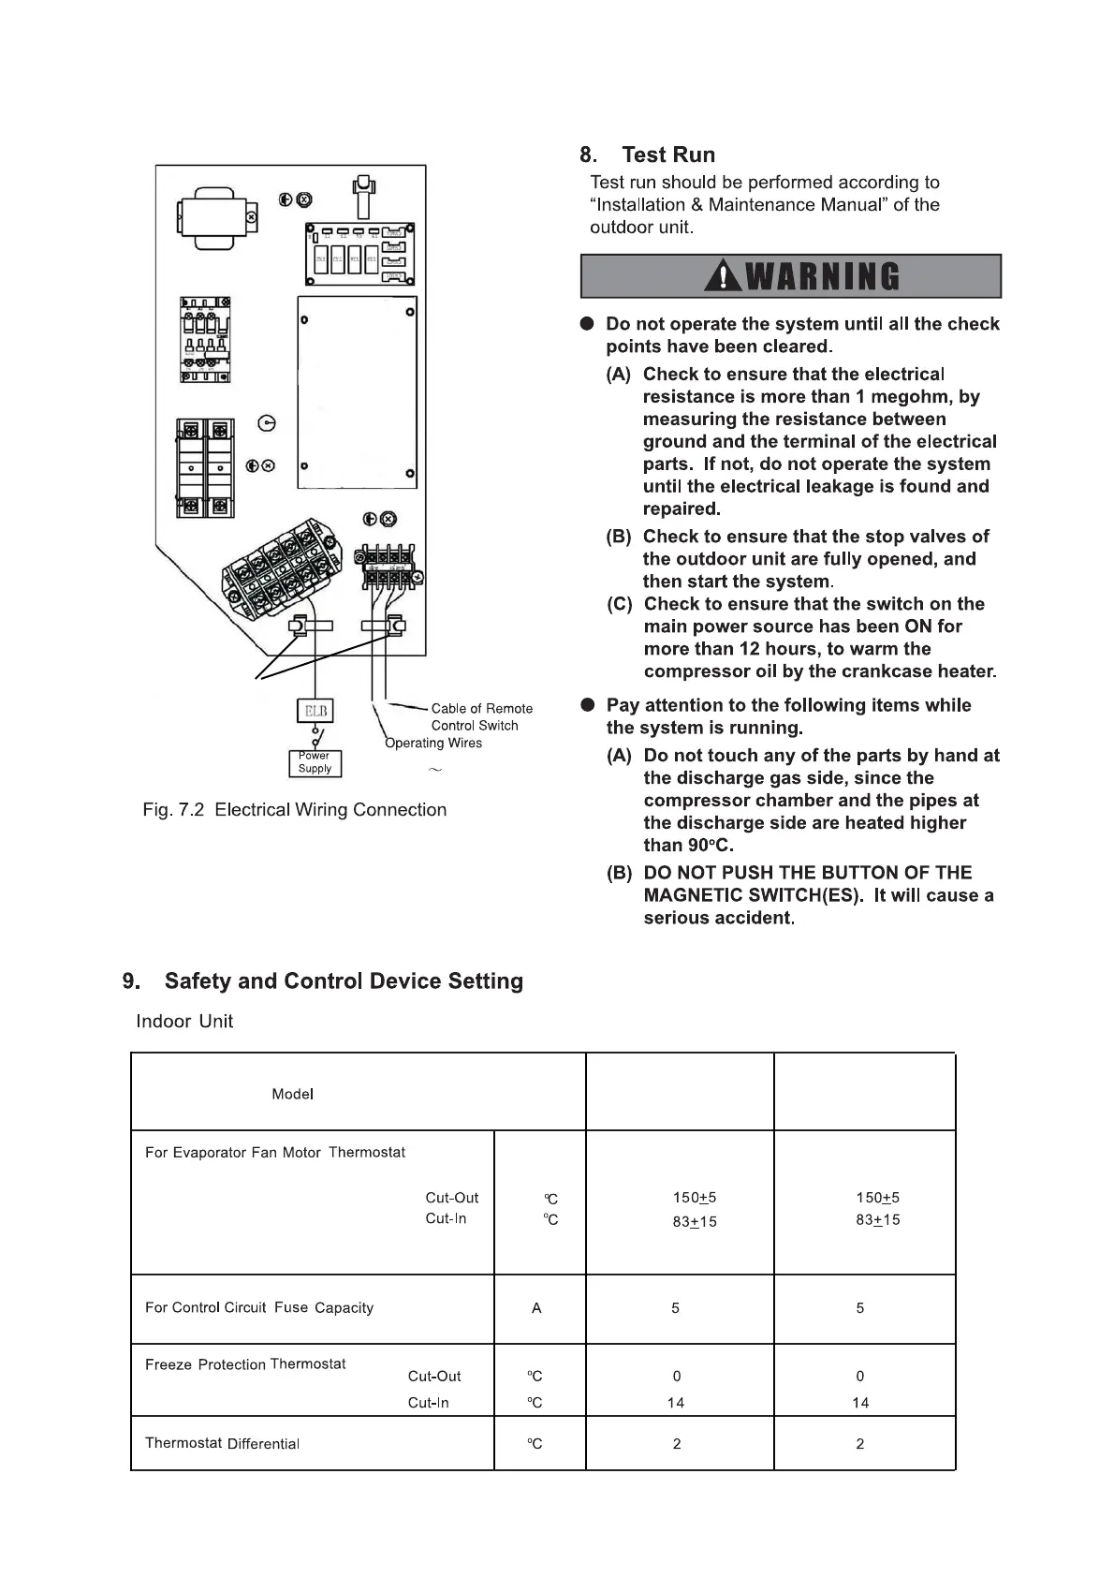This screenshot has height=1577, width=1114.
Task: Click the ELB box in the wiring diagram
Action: click(x=315, y=711)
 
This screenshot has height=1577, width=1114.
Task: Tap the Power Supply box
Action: click(x=315, y=763)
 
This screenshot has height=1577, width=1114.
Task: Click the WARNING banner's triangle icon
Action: click(x=725, y=276)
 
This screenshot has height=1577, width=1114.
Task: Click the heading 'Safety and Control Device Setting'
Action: click(x=343, y=981)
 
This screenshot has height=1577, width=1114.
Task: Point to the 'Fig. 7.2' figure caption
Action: click(x=294, y=810)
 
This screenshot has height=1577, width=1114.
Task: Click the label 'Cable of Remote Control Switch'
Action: click(x=481, y=716)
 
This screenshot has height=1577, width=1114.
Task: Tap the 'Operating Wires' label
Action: click(x=433, y=744)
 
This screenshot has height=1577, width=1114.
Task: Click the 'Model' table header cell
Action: click(x=292, y=1094)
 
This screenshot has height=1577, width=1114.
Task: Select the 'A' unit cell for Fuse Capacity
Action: click(x=536, y=1308)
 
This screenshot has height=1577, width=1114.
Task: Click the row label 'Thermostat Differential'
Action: click(x=222, y=1443)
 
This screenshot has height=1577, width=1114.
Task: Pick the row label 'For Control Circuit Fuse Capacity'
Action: click(x=259, y=1307)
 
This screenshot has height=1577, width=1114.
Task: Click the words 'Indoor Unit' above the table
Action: click(x=184, y=1022)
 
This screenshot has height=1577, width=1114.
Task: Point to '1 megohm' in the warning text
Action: click(x=901, y=397)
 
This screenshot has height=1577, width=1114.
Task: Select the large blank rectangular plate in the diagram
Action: click(x=357, y=392)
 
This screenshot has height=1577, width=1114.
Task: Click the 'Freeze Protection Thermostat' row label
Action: click(x=245, y=1364)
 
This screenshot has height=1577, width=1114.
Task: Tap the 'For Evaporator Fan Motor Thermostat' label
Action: click(x=275, y=1153)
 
